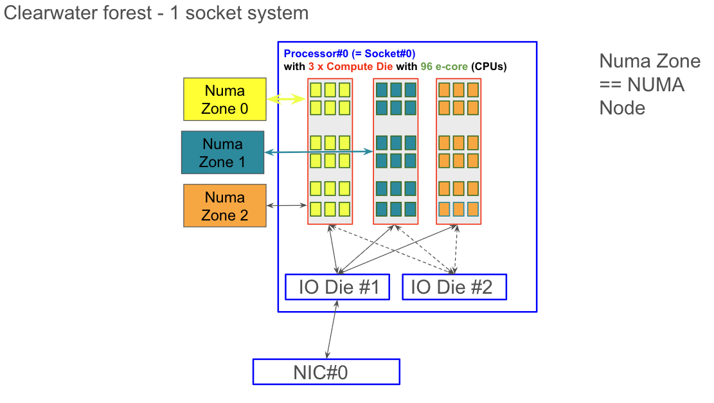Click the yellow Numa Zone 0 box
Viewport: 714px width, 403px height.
(224, 100)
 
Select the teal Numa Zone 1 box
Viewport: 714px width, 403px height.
(222, 152)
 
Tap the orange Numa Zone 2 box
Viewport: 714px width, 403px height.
(224, 206)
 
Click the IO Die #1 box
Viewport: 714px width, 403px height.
(337, 287)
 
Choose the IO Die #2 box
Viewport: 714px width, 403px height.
(454, 287)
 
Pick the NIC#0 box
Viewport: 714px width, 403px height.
(326, 372)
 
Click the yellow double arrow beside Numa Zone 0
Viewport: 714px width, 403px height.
(287, 99)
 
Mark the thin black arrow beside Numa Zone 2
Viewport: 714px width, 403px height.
(287, 206)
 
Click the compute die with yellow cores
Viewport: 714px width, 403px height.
(330, 152)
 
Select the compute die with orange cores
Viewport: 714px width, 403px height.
(458, 152)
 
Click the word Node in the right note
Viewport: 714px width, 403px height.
(622, 108)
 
